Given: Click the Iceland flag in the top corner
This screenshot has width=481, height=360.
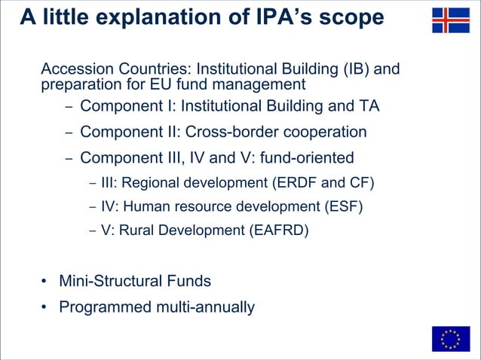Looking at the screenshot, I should pyautogui.click(x=450, y=20).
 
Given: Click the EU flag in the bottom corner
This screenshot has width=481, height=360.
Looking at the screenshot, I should pyautogui.click(x=450, y=339).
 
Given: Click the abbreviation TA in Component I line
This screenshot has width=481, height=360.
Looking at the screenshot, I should pyautogui.click(x=369, y=106).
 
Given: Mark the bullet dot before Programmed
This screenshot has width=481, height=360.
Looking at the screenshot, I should pyautogui.click(x=45, y=307).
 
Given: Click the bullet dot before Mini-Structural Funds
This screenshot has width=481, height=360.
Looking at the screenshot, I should pyautogui.click(x=45, y=282).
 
